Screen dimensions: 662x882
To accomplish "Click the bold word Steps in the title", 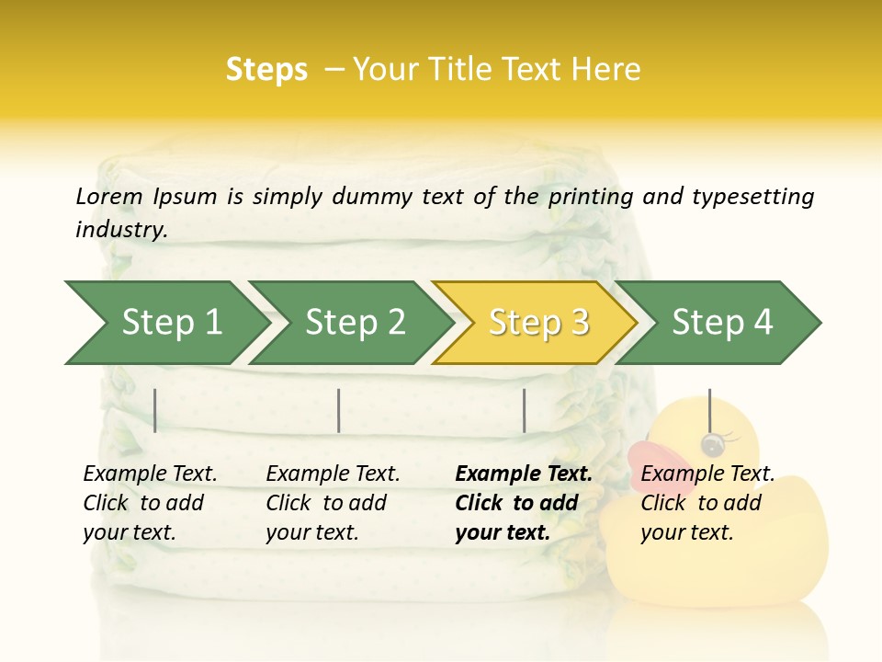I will (x=266, y=69).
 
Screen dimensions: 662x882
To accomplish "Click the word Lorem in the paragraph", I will (x=109, y=196).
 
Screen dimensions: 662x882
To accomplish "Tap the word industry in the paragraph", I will (x=120, y=229).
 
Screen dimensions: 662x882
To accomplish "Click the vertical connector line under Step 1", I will (x=155, y=410).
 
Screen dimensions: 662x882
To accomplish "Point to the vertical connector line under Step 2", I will (x=339, y=410).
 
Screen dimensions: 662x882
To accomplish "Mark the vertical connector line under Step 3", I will (x=524, y=410).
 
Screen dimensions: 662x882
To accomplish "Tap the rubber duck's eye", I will (x=710, y=445).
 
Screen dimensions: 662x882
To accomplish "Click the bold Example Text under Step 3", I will (x=524, y=474).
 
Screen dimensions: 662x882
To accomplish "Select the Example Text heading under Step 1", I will (x=150, y=474).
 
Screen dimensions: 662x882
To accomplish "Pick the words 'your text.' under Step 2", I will (x=311, y=532).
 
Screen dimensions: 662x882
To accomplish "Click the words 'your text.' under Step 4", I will (x=686, y=532).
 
